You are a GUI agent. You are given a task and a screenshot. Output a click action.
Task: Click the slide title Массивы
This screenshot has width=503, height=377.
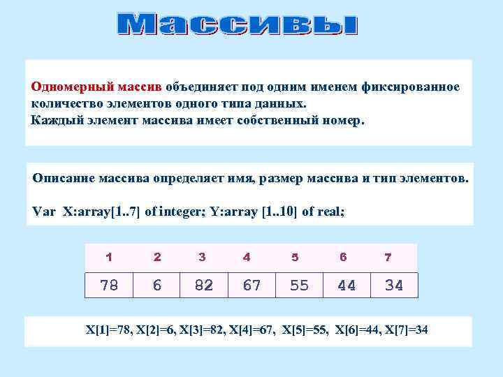[x=238, y=26]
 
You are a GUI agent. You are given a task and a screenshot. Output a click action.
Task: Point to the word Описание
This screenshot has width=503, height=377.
[x=64, y=179]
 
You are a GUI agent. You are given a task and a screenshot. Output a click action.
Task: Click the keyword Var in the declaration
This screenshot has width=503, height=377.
[x=43, y=209]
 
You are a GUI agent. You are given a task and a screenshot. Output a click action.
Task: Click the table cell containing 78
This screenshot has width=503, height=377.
[x=109, y=285]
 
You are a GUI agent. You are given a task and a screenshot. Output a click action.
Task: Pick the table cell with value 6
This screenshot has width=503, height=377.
[x=157, y=285]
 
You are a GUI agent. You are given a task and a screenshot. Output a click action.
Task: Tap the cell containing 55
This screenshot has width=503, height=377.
[x=299, y=285]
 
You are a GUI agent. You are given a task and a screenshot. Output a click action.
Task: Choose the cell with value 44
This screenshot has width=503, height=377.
[x=347, y=285]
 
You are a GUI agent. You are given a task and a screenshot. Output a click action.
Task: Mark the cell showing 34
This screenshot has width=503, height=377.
[x=394, y=285]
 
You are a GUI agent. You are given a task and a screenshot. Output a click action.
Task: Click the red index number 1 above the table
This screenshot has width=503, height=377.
[x=109, y=257]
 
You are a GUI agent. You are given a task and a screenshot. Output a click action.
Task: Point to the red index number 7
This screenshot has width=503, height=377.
[x=388, y=257]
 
